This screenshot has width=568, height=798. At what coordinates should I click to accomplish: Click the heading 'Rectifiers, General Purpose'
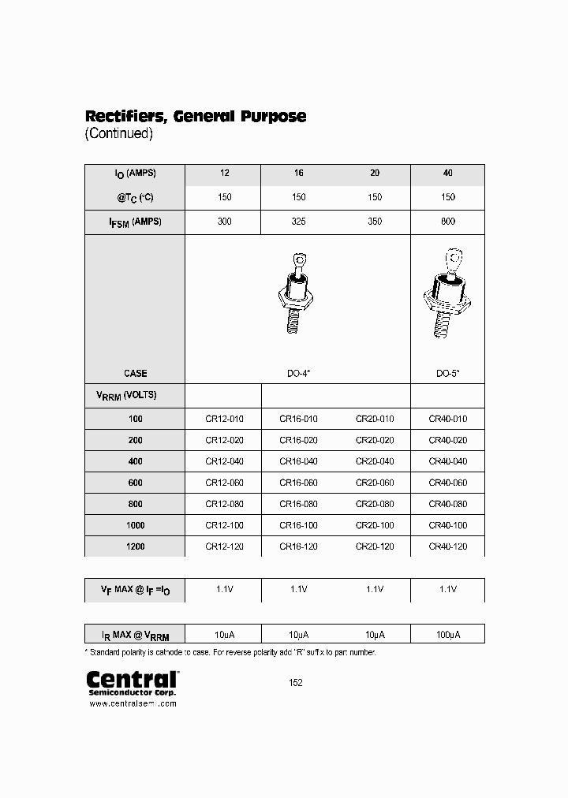195,116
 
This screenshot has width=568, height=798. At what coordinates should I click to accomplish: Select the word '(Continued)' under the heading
118,133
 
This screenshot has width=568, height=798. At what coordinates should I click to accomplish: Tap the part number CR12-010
224,419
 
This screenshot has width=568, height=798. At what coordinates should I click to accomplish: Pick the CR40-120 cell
447,546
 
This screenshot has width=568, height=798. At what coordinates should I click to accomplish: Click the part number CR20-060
375,483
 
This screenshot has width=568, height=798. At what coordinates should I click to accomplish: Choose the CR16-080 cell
298,504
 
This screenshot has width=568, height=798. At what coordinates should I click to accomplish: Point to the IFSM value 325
298,222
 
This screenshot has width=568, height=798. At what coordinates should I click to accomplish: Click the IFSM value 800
447,222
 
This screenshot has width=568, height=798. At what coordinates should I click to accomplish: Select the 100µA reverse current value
447,634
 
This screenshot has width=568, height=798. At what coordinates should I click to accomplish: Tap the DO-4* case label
298,374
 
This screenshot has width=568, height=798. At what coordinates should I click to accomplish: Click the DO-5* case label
447,374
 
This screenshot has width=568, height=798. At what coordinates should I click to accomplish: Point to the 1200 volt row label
134,546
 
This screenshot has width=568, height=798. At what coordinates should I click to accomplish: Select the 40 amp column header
447,173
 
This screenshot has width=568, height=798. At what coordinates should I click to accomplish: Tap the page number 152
295,683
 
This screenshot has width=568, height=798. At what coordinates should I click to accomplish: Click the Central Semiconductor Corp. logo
131,682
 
